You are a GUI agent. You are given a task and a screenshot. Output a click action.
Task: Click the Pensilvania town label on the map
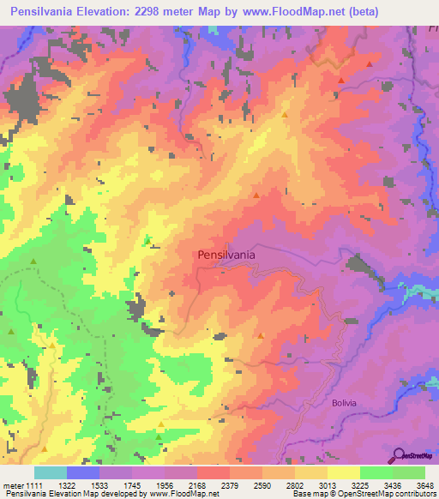(226, 255)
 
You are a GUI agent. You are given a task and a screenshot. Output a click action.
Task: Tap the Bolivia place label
(343, 401)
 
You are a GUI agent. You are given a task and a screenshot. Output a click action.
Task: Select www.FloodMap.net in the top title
(288, 12)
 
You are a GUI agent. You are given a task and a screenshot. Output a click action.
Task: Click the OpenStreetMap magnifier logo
(400, 454)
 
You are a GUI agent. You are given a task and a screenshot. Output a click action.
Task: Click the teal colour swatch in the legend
(51, 472)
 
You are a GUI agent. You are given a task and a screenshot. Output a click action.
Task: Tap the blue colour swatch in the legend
(83, 472)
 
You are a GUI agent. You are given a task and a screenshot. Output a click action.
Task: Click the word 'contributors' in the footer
(415, 496)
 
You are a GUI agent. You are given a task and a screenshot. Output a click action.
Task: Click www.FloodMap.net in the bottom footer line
(183, 496)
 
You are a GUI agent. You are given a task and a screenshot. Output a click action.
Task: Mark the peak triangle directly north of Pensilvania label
(256, 195)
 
